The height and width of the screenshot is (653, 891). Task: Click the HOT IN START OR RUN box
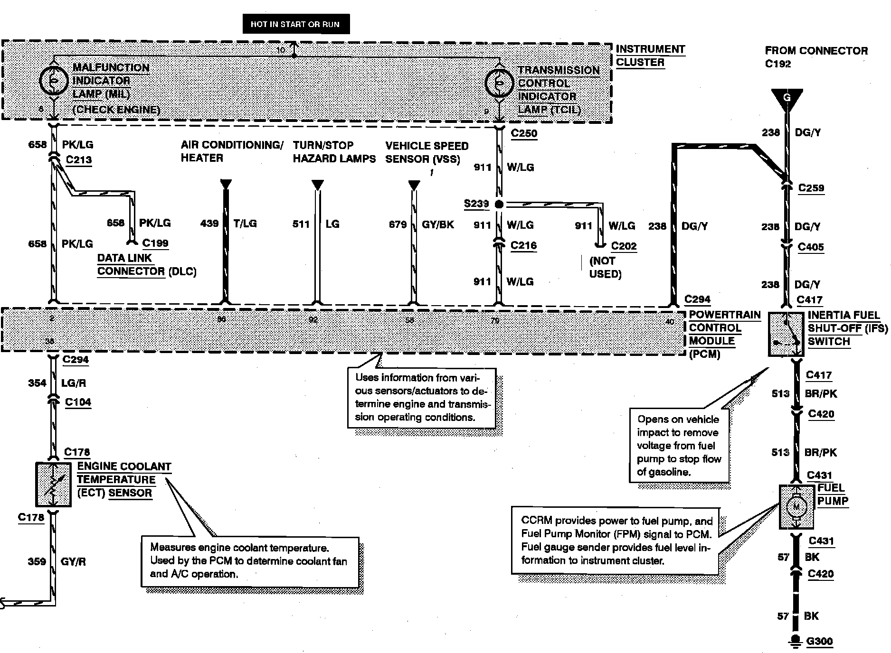click(296, 24)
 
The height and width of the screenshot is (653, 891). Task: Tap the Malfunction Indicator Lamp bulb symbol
click(54, 81)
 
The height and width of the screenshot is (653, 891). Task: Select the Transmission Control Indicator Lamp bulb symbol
click(499, 84)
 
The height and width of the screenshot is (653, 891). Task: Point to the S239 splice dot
click(499, 205)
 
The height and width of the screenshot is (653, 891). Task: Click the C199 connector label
click(155, 243)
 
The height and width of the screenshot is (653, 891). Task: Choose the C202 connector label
click(624, 246)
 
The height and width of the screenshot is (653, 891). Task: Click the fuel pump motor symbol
click(796, 507)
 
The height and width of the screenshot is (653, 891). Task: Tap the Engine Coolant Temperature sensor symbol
click(54, 485)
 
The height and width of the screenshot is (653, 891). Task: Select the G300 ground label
click(820, 642)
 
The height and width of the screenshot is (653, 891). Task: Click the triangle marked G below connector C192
click(787, 99)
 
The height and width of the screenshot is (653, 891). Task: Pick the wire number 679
click(398, 224)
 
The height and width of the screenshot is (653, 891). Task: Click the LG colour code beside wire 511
click(332, 224)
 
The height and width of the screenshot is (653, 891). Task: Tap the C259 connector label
click(811, 188)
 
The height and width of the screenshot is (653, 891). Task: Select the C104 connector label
click(78, 402)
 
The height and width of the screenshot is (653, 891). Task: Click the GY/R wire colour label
click(73, 562)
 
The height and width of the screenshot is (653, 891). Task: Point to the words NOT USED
click(605, 268)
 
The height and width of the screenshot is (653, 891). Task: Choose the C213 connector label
click(79, 160)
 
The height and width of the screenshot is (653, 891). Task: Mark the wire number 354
click(37, 383)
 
